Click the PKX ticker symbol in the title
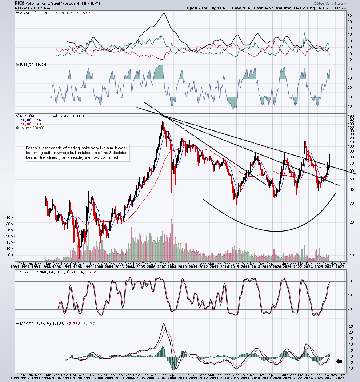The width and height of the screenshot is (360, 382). click(19, 3)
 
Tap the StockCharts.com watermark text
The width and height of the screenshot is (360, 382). click(330, 3)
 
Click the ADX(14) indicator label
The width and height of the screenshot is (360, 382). click(29, 13)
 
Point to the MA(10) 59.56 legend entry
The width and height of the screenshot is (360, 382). click(28, 120)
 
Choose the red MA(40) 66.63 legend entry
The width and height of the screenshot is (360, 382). click(28, 124)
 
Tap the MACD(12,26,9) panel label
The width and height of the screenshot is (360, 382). click(36, 324)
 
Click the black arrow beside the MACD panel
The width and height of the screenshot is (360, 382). click(339, 362)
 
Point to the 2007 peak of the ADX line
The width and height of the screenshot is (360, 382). click(164, 13)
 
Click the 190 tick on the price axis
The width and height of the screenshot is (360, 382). click(351, 116)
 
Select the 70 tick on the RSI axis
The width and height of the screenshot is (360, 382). click(350, 79)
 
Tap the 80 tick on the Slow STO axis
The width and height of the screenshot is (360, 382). click(350, 281)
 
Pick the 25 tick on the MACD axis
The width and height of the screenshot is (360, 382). click(351, 327)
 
